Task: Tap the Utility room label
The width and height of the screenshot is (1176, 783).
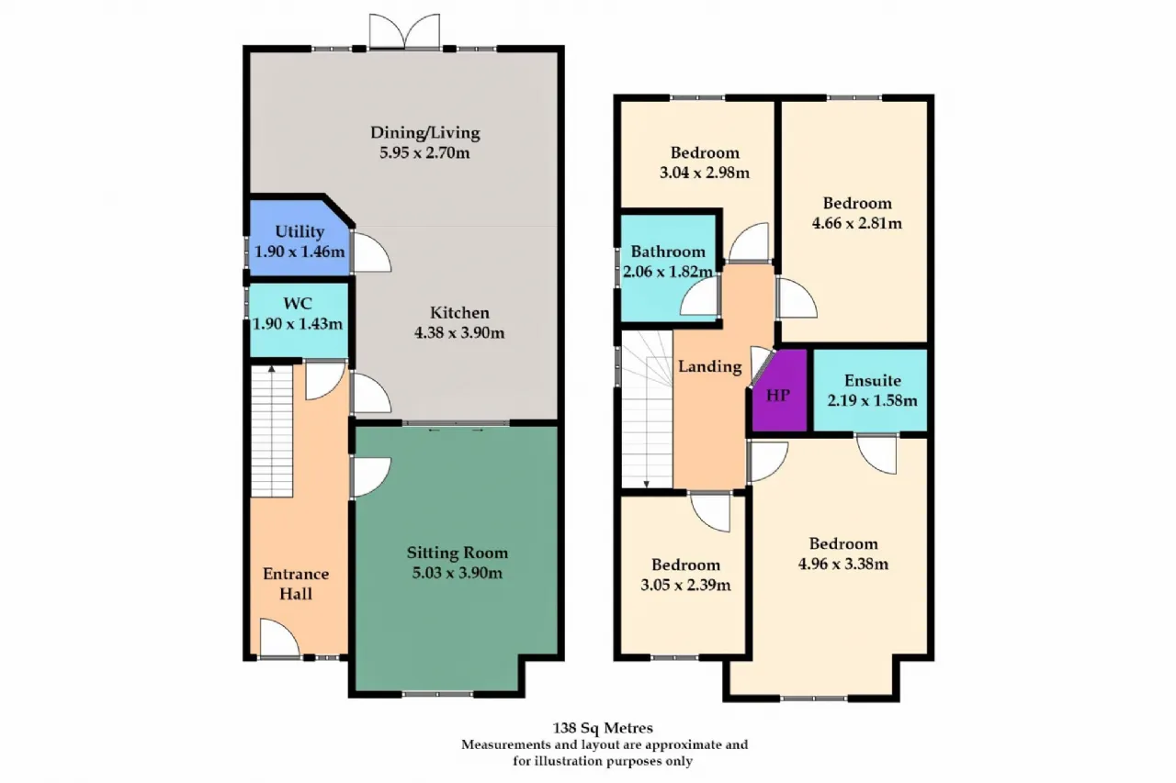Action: coord(300,231)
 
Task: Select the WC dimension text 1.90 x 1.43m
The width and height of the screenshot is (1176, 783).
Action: coord(298,324)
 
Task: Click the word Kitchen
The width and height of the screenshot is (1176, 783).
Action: coord(459,313)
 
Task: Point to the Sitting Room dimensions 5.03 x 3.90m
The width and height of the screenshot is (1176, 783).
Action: coord(458,573)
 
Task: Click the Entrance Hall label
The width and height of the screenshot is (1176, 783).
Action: coord(296,584)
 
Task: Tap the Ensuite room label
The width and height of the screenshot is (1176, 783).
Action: coord(873,380)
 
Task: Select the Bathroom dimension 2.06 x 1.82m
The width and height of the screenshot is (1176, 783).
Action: coord(668,272)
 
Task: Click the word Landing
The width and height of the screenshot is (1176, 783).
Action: coord(710,366)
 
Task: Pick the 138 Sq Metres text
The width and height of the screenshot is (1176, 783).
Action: coord(603,728)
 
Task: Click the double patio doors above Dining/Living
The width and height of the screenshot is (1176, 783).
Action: coord(404,31)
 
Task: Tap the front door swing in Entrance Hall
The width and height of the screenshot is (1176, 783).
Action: coord(279,638)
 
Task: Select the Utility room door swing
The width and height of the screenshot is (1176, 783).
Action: coord(370,252)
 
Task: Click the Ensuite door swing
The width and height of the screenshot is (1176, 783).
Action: coord(876,454)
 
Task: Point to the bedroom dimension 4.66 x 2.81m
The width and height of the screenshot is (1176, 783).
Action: coord(857,223)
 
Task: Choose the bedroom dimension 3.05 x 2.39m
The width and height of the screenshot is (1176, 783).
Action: coord(685,585)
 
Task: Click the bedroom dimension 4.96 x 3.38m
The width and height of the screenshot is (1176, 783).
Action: coord(843,564)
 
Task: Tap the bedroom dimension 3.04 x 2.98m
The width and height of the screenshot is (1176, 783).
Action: coord(705,173)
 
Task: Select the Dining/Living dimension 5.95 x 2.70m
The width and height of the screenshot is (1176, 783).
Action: coord(424,152)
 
